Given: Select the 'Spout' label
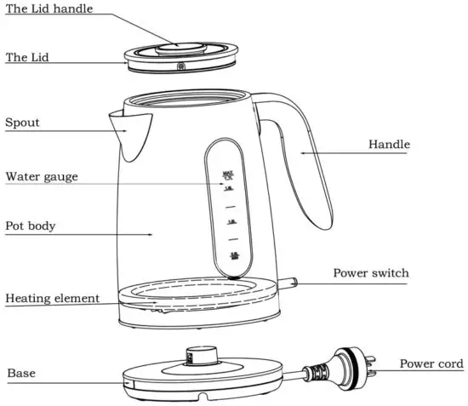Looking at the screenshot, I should (23, 123).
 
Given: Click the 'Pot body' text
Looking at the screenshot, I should (31, 226).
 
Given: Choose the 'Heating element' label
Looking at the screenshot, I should (53, 299).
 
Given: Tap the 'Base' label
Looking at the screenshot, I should (21, 373).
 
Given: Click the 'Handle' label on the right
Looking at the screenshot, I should (389, 145).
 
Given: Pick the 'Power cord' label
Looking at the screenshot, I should (431, 364).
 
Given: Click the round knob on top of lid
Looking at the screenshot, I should (180, 43).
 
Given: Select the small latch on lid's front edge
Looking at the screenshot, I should (180, 66).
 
